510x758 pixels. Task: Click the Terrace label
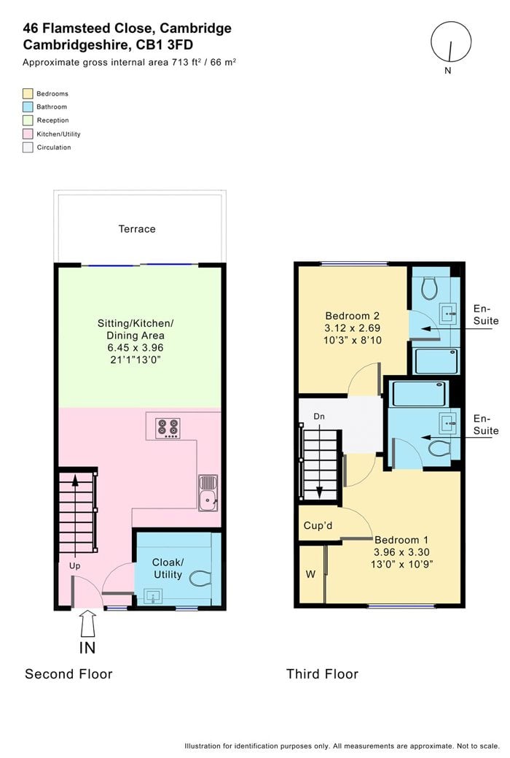(x=137, y=228)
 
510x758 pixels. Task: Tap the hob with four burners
(x=168, y=428)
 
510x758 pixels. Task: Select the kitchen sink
(x=208, y=492)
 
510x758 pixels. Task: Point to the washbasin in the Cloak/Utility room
(x=152, y=597)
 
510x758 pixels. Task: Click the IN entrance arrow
(x=87, y=624)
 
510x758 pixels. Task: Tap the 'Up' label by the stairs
(x=74, y=565)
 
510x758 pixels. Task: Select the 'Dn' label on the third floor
(x=319, y=417)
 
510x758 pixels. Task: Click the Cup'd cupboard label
(x=318, y=525)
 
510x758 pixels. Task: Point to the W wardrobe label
(x=310, y=574)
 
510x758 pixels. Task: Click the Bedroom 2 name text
(x=353, y=316)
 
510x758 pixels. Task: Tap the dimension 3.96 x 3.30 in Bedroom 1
(x=402, y=552)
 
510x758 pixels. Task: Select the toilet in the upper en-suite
(x=429, y=288)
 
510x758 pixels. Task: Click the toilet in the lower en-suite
(x=439, y=448)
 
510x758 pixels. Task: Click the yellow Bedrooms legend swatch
(x=28, y=93)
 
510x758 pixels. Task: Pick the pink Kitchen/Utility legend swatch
(x=28, y=134)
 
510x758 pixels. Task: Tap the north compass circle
(x=451, y=42)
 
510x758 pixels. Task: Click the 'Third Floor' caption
(x=322, y=674)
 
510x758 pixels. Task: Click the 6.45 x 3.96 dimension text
(x=136, y=347)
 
